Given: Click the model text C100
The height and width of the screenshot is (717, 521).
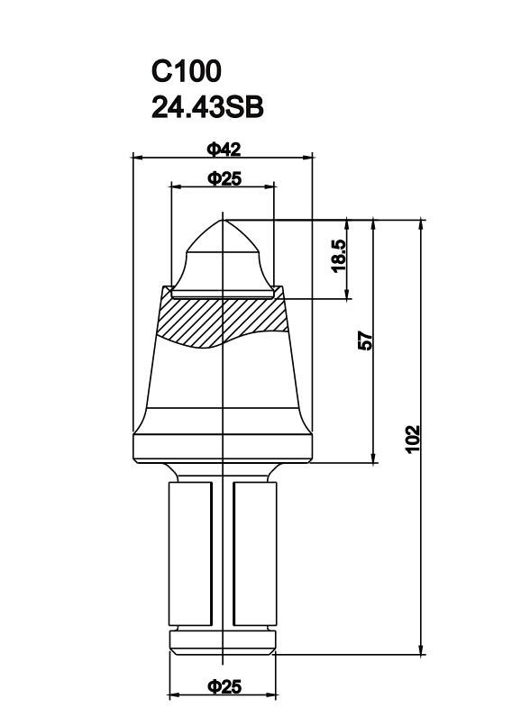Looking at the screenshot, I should [186, 71].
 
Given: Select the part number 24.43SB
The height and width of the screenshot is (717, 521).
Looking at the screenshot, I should [207, 107].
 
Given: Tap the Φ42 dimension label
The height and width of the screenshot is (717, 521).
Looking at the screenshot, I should [223, 148].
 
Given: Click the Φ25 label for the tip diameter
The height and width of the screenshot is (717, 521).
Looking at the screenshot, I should [223, 178].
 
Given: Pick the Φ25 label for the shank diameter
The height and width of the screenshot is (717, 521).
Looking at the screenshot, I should [224, 686].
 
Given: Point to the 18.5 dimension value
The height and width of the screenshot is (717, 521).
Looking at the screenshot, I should [338, 257].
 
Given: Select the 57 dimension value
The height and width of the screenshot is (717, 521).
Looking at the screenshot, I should [365, 340].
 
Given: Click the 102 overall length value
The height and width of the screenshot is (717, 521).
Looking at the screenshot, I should [413, 439].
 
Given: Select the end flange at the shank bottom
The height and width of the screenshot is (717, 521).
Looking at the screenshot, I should [223, 641].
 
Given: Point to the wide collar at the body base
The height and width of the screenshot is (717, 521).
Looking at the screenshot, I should [223, 447].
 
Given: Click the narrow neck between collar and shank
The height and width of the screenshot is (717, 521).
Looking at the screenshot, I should [223, 471].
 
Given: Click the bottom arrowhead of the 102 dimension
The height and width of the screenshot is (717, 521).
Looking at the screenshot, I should [421, 649].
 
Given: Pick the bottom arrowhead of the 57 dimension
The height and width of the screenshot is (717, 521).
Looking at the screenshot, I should [373, 458].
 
